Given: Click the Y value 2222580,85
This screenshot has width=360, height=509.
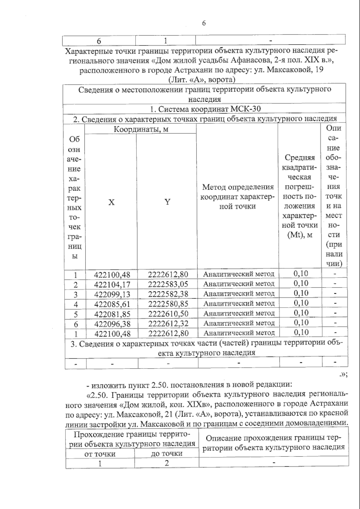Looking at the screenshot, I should pyautogui.click(x=168, y=304).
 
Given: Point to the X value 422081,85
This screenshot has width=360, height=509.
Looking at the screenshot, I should pyautogui.click(x=112, y=314).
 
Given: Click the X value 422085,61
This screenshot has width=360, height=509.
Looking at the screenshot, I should pyautogui.click(x=112, y=304).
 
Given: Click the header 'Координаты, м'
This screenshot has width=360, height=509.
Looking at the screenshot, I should pyautogui.click(x=141, y=129).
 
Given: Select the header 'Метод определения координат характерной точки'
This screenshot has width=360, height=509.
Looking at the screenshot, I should pyautogui.click(x=238, y=197).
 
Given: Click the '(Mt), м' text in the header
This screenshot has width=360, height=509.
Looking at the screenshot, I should pyautogui.click(x=300, y=235).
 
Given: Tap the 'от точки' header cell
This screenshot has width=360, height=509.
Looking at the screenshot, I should pyautogui.click(x=100, y=454).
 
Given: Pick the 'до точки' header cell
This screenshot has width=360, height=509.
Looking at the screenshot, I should pyautogui.click(x=166, y=453).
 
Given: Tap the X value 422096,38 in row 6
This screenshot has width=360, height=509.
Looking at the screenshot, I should pyautogui.click(x=112, y=324).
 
